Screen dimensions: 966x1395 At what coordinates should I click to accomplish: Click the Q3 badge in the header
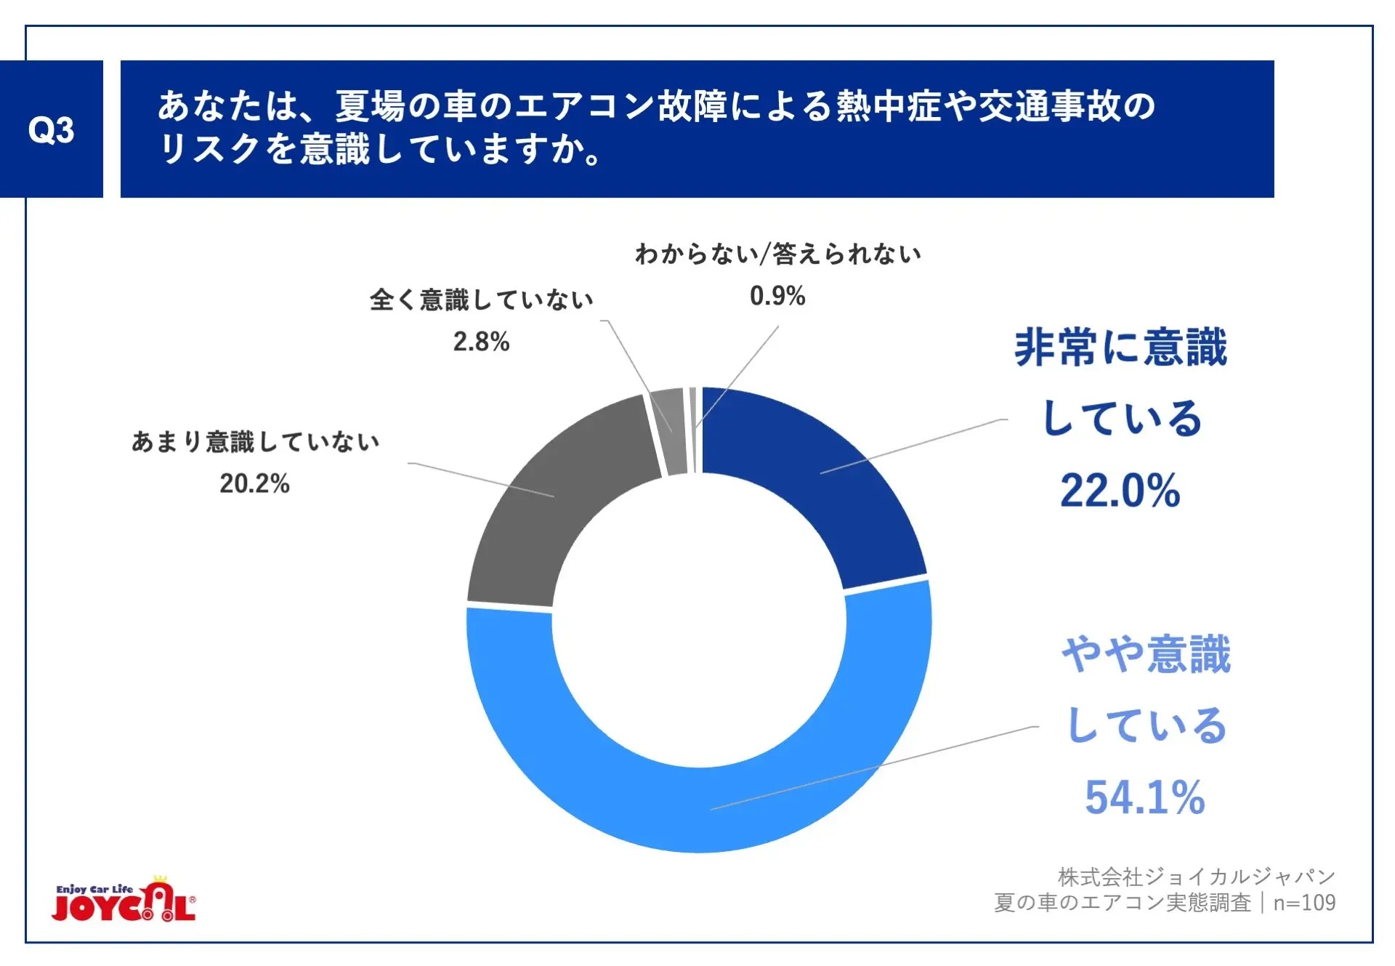click(51, 129)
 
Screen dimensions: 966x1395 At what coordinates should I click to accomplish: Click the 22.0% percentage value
click(1120, 491)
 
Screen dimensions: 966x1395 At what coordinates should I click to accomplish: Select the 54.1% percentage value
click(1144, 797)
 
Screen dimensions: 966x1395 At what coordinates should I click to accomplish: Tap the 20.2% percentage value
click(254, 483)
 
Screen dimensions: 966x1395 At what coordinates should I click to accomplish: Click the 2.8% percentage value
click(481, 342)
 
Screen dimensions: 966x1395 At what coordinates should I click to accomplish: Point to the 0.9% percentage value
click(777, 296)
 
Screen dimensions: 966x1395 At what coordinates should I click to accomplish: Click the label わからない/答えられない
click(777, 254)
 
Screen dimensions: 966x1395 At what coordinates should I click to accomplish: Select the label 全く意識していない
click(481, 299)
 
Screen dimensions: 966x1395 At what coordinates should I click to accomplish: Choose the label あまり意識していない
click(255, 441)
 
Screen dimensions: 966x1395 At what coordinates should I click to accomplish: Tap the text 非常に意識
click(1120, 347)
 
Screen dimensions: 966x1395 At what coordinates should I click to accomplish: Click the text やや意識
click(1146, 654)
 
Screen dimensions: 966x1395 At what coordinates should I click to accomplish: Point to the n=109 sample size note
click(1304, 903)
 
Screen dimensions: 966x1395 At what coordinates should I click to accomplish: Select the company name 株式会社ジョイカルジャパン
click(1196, 877)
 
